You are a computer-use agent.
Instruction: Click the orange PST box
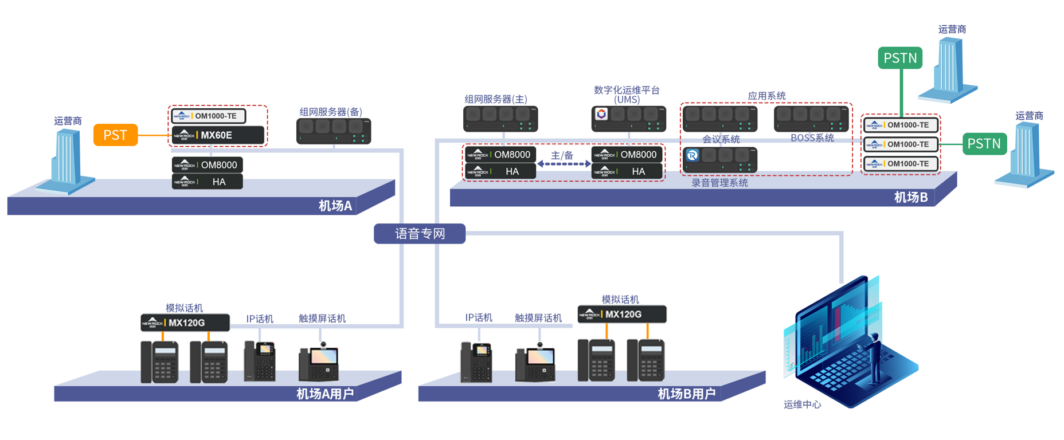click(x=115, y=135)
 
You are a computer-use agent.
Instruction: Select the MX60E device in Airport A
click(x=218, y=135)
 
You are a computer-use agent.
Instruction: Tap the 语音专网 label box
click(x=420, y=234)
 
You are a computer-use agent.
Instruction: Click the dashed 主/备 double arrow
click(x=564, y=164)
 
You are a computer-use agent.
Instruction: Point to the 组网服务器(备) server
click(x=334, y=131)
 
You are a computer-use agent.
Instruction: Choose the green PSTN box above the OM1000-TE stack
click(x=900, y=58)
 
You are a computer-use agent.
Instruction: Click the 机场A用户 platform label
click(x=324, y=394)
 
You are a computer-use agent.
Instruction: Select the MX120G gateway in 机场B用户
click(x=622, y=314)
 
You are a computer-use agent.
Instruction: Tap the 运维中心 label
click(x=802, y=404)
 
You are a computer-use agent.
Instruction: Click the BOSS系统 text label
click(x=812, y=138)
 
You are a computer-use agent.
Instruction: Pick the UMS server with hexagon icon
click(x=628, y=119)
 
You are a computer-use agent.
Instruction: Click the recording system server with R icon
click(x=719, y=159)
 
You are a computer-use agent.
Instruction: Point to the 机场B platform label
click(x=910, y=198)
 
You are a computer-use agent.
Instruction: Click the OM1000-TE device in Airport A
click(x=209, y=116)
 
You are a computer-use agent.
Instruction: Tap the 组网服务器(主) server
click(x=500, y=119)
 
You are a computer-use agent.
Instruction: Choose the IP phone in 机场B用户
click(x=476, y=362)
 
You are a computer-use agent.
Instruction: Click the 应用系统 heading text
click(x=766, y=96)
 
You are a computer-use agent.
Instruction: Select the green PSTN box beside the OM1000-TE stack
click(x=984, y=144)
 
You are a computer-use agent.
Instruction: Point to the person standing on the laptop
click(x=874, y=358)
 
